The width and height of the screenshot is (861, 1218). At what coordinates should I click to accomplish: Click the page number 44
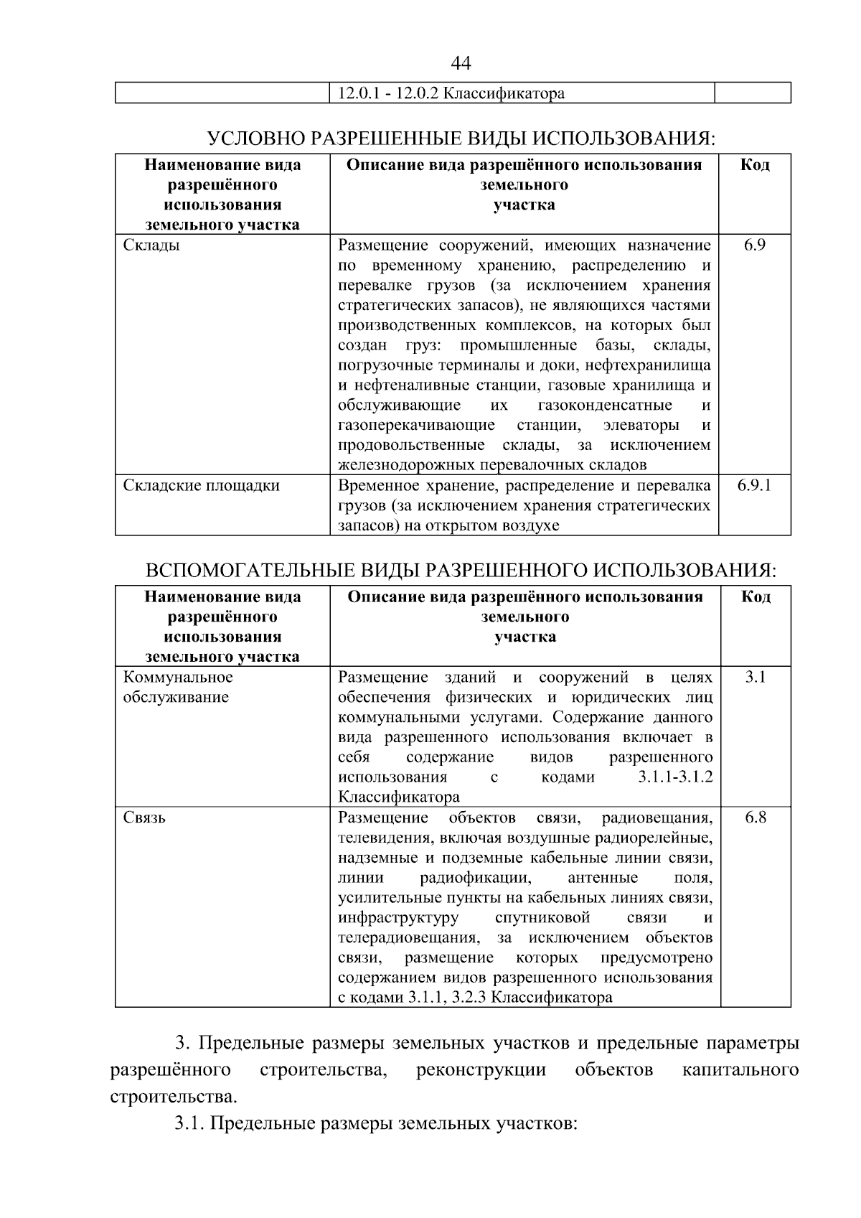(461, 63)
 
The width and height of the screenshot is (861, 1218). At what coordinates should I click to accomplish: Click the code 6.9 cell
(754, 245)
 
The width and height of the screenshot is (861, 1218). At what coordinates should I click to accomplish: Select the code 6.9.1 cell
(754, 485)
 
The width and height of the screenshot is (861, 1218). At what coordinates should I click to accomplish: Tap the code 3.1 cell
(755, 677)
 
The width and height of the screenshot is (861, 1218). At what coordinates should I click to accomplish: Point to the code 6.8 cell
(755, 818)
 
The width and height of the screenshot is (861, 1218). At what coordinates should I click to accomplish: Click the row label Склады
(151, 245)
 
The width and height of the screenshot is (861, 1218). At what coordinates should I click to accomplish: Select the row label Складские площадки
(202, 486)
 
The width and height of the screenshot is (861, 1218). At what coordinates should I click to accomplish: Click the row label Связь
(144, 818)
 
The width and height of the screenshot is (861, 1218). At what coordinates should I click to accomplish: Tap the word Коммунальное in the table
(178, 678)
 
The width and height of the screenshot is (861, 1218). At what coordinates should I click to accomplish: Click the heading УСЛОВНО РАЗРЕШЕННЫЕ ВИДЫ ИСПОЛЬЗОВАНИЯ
(461, 138)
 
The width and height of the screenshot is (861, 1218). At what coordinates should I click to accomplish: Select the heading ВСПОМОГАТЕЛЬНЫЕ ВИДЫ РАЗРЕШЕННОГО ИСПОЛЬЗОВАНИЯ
(461, 571)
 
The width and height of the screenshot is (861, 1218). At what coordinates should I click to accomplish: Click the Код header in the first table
(754, 165)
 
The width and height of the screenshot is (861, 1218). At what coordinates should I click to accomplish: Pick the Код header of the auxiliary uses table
(755, 597)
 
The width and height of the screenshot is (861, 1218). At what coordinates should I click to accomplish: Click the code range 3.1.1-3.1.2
(674, 777)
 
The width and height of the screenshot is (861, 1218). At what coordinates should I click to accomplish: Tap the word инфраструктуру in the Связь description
(397, 918)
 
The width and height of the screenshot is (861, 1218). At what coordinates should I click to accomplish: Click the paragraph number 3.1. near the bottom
(190, 1123)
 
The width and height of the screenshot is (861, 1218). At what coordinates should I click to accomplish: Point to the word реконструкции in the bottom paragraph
(481, 1070)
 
